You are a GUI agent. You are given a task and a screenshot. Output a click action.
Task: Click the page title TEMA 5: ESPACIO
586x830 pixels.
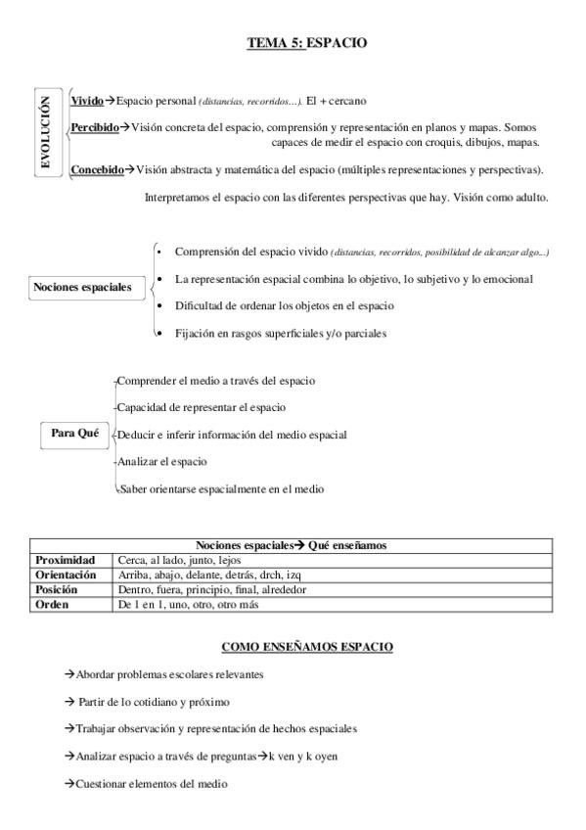pyautogui.click(x=306, y=42)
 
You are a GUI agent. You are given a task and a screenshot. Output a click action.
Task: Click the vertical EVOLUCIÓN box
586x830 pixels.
pyautogui.click(x=44, y=132)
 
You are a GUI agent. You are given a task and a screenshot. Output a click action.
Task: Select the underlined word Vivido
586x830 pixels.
pyautogui.click(x=87, y=100)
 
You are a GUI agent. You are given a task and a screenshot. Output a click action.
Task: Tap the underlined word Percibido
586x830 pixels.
pyautogui.click(x=95, y=127)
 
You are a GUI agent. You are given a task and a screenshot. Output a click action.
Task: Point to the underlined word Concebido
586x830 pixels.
pyautogui.click(x=97, y=169)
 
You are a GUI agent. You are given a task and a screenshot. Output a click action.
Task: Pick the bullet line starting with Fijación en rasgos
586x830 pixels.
pyautogui.click(x=281, y=333)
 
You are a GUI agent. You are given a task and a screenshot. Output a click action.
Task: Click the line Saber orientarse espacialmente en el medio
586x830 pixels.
pyautogui.click(x=221, y=488)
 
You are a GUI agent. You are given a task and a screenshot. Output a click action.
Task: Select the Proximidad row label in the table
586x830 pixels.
pyautogui.click(x=65, y=560)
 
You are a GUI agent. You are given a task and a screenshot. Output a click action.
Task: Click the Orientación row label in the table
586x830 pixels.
pyautogui.click(x=66, y=576)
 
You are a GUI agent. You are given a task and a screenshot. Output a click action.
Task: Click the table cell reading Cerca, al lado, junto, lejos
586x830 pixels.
pyautogui.click(x=179, y=560)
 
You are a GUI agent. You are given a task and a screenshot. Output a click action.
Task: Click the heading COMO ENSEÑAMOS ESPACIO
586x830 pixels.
pyautogui.click(x=307, y=647)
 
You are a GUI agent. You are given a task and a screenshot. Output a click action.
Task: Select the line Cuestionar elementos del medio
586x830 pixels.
pyautogui.click(x=147, y=784)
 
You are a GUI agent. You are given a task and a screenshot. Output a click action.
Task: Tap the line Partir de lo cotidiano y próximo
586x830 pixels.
pyautogui.click(x=149, y=702)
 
